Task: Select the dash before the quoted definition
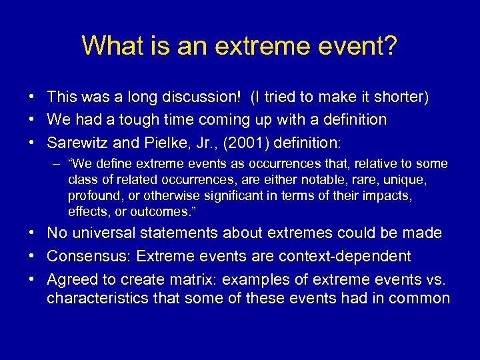(x=58, y=164)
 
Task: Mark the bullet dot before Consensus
(x=33, y=257)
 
